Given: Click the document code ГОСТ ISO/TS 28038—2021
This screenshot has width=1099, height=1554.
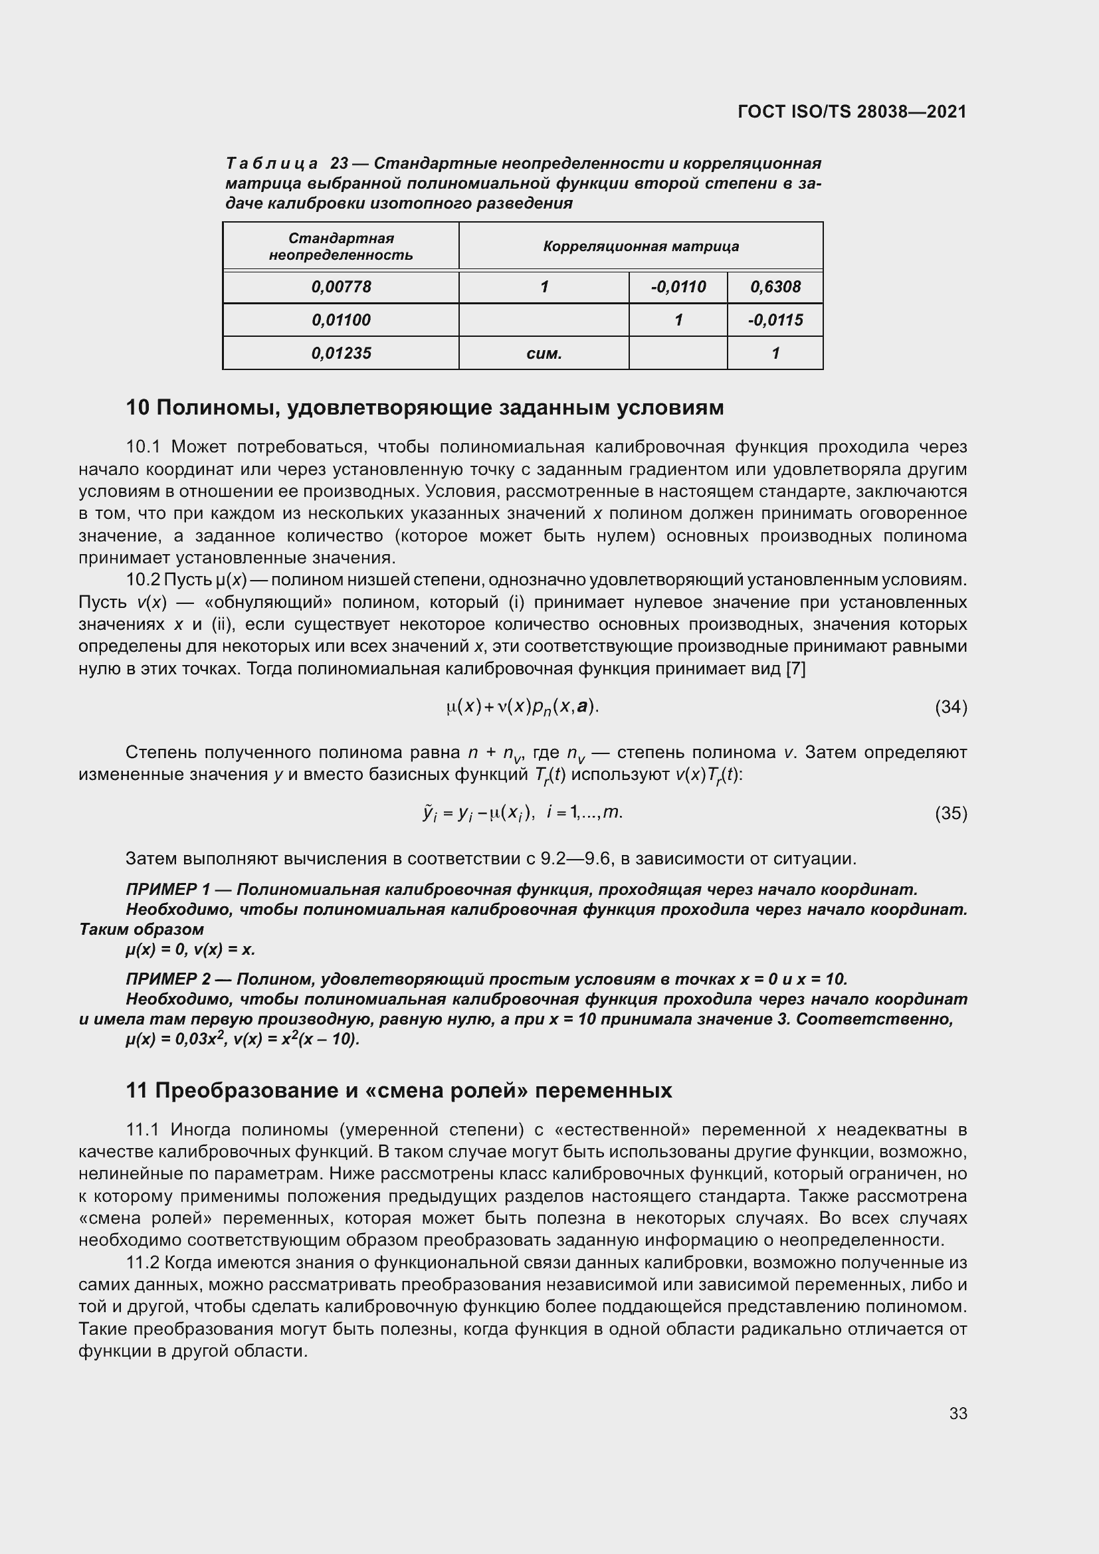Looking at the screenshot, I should click(x=852, y=112).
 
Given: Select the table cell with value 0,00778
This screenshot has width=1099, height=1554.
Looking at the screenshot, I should click(x=341, y=287).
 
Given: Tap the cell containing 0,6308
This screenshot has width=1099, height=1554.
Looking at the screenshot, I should click(x=775, y=287).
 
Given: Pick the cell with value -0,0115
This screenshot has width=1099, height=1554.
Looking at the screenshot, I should click(x=775, y=320).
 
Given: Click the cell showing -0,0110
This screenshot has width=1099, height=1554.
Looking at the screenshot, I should click(x=678, y=287).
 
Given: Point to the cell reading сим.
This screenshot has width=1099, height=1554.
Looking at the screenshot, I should click(x=544, y=353).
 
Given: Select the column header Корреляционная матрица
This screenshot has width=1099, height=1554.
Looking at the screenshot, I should click(x=640, y=246).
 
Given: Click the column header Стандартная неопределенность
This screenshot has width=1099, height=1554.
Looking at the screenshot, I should click(x=341, y=246).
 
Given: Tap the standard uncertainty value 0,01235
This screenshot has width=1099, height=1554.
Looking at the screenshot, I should click(x=341, y=353).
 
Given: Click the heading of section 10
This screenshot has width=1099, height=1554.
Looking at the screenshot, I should click(x=425, y=408).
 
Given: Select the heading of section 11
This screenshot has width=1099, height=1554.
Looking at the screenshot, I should click(x=399, y=1090).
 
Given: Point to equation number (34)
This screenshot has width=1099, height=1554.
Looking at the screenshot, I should click(x=951, y=708).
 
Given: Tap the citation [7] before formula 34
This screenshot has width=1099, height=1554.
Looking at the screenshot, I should click(x=795, y=670).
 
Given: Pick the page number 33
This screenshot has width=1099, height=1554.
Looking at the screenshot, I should click(x=957, y=1413).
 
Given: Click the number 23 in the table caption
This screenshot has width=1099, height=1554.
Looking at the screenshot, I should click(x=339, y=164).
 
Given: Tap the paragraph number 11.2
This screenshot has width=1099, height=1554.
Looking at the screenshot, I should click(x=142, y=1263).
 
